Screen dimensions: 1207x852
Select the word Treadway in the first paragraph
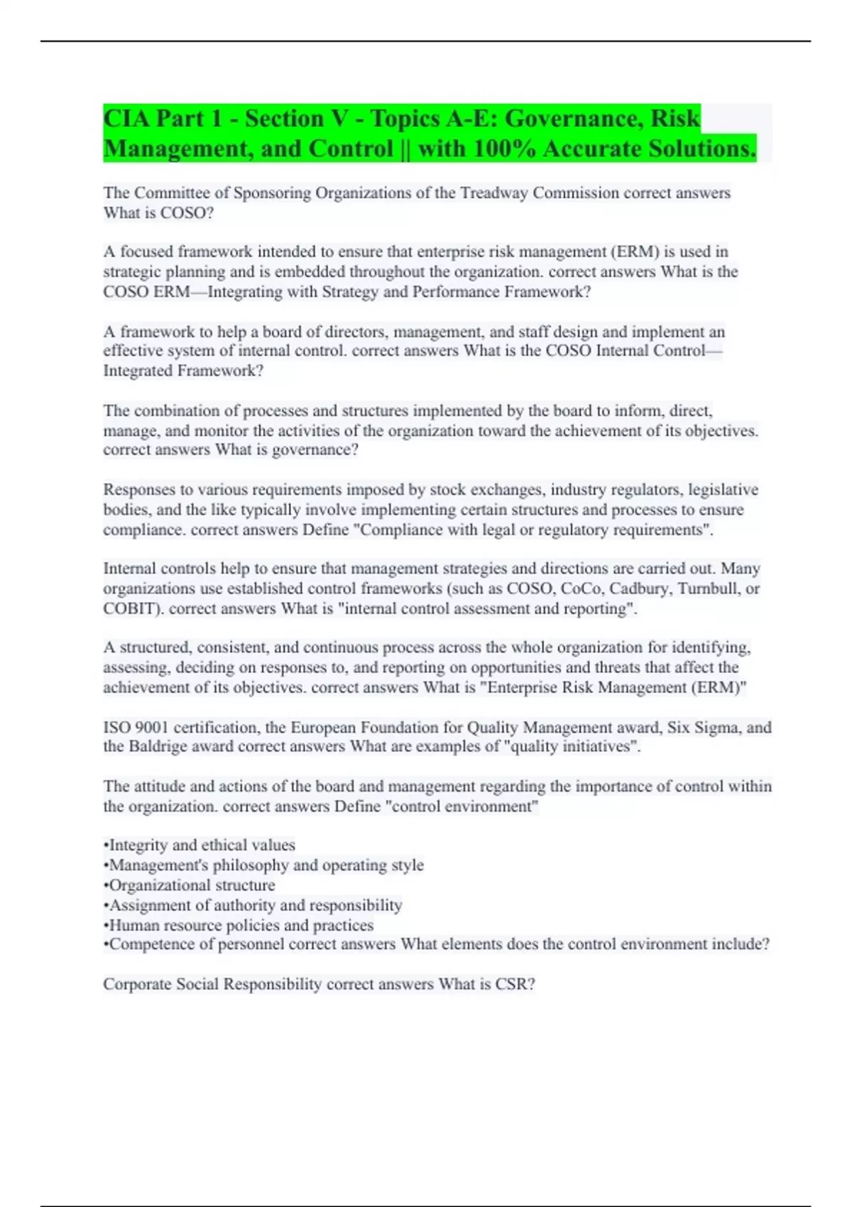point(492,193)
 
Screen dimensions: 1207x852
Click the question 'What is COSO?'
point(158,213)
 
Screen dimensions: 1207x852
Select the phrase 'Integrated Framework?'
point(183,371)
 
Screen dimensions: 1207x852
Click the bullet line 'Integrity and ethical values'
point(200,845)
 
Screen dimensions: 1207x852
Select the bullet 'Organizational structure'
point(190,885)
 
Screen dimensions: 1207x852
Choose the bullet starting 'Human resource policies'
point(239,925)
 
